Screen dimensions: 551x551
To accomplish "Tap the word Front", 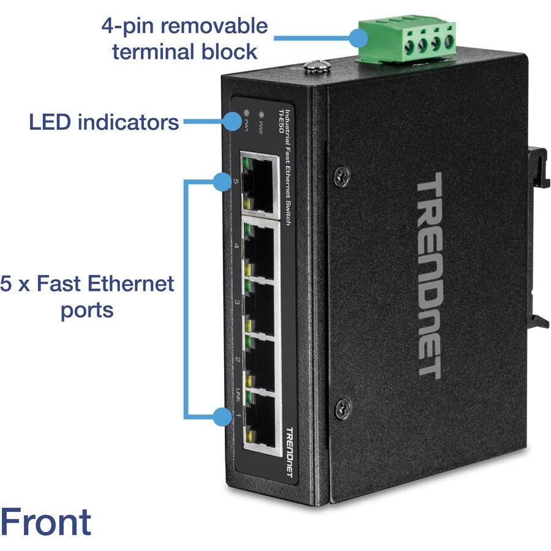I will (46, 522).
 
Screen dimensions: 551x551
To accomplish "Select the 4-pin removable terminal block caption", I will (184, 39).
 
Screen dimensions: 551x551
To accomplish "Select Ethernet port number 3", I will (260, 305).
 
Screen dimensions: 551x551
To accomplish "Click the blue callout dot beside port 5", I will (221, 181).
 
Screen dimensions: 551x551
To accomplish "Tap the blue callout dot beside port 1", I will (221, 417).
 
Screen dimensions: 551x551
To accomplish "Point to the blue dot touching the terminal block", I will (358, 39).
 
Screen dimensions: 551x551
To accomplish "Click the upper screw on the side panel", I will (342, 176).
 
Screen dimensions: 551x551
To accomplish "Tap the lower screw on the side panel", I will (343, 405).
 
